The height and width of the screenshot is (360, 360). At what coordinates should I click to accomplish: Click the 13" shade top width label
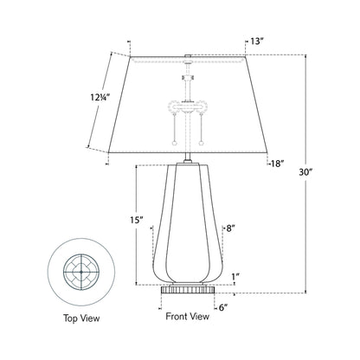257,42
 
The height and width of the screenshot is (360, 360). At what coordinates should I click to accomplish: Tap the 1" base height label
235,278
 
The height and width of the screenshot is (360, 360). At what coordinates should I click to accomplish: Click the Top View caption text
81,319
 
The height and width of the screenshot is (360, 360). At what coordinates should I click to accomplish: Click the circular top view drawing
81,272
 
